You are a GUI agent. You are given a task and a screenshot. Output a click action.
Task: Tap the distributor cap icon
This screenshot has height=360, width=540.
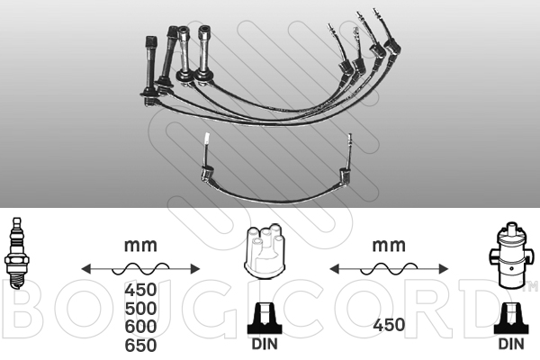[265, 251]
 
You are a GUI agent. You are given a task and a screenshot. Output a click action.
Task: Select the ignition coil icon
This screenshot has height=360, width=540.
[511, 256]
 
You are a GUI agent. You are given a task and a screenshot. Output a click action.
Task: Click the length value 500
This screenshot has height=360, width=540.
[140, 309]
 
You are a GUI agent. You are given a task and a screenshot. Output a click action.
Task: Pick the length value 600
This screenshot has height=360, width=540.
[140, 327]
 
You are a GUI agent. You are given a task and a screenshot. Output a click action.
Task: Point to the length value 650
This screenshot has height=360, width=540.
[140, 346]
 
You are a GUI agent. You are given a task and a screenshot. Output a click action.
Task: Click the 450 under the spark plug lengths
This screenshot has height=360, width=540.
[140, 290]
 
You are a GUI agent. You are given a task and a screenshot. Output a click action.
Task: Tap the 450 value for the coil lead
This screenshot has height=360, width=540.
[389, 325]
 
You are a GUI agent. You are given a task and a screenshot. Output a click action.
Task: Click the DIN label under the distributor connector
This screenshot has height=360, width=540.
[265, 344]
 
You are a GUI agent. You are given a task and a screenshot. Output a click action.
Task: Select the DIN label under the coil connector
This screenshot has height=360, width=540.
[511, 344]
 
